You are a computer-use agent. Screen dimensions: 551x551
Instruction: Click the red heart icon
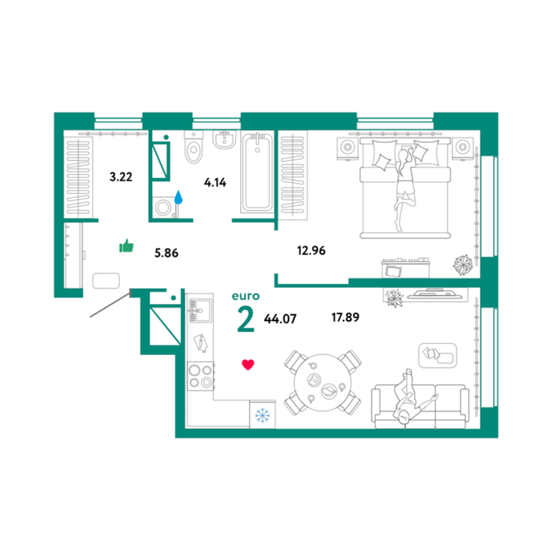pos(248,364)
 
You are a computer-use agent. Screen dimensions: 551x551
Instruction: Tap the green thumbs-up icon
pos(126,246)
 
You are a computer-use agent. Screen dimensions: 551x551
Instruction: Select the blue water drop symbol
pos(179,197)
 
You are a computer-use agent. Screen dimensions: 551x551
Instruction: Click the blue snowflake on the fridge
pos(262,415)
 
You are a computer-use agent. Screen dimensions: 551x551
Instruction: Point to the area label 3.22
pos(121,176)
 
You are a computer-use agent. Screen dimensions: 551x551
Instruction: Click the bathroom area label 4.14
pos(215,182)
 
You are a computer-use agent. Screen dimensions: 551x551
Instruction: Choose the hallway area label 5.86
pos(166,253)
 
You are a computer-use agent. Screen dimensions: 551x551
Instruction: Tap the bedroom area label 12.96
pos(311,250)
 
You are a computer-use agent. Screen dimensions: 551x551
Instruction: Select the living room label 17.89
pos(345,317)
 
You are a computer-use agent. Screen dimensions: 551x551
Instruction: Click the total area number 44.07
pos(280,319)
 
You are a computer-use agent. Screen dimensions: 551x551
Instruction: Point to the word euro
pos(245,296)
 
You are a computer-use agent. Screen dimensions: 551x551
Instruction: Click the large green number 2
pos(245,319)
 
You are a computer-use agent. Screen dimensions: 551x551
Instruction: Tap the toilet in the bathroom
pos(194,147)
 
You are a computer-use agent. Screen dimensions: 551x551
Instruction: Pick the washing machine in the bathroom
pos(164,207)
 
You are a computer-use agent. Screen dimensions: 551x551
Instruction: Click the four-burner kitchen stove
pos(200,376)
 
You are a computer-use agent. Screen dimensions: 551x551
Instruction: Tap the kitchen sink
pos(200,310)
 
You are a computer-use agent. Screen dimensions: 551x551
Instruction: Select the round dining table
pos(323,382)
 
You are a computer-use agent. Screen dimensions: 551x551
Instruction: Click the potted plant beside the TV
pos(394,298)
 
